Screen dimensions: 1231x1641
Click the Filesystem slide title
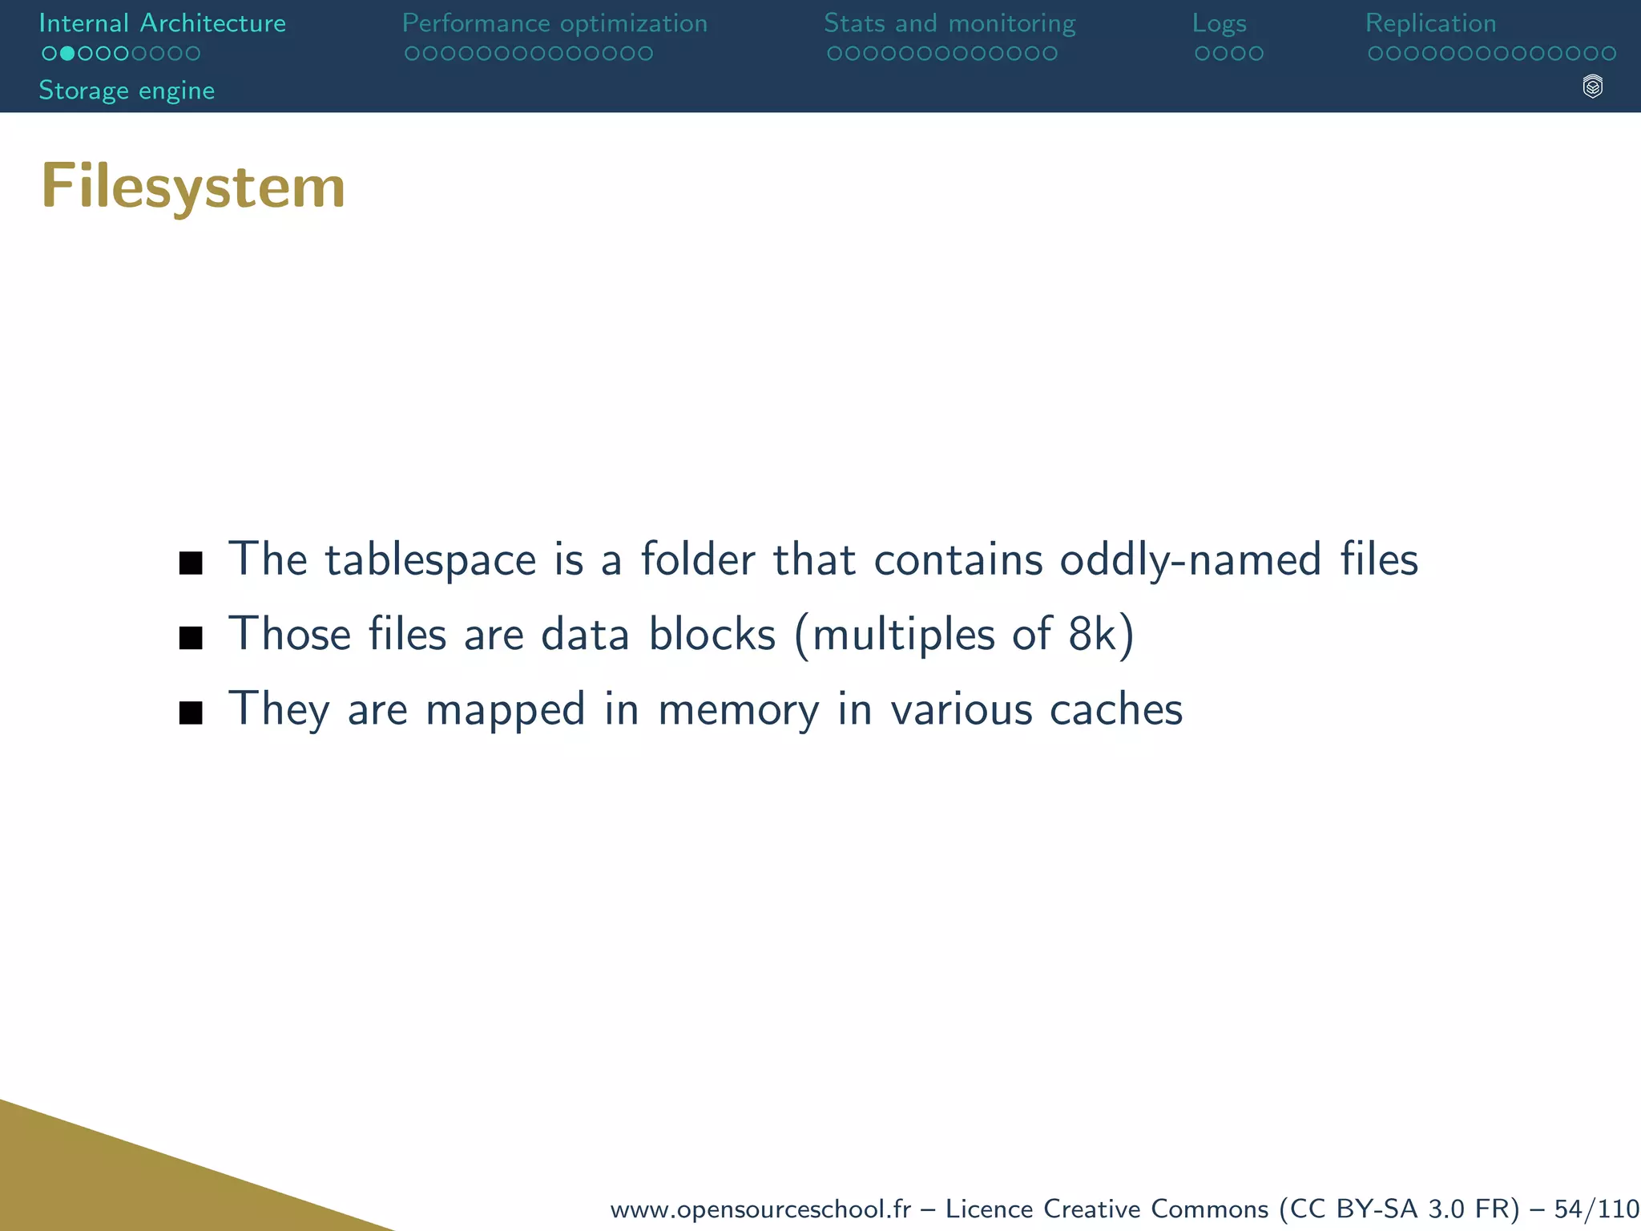pyautogui.click(x=193, y=187)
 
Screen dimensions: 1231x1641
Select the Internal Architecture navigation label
pyautogui.click(x=162, y=23)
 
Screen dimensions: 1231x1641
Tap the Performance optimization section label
pyautogui.click(x=554, y=23)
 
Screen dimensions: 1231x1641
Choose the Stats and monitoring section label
pyautogui.click(x=950, y=23)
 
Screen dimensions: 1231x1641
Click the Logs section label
pyautogui.click(x=1219, y=23)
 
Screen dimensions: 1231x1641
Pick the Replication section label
pyautogui.click(x=1430, y=23)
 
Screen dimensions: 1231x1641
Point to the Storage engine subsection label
pyautogui.click(x=127, y=91)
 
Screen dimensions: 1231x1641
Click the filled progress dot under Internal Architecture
pyautogui.click(x=67, y=54)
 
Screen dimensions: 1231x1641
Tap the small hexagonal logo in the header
pyautogui.click(x=1592, y=87)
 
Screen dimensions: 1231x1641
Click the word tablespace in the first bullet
pyautogui.click(x=430, y=559)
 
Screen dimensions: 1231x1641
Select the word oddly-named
pyautogui.click(x=1190, y=559)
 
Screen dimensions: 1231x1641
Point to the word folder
pyautogui.click(x=697, y=559)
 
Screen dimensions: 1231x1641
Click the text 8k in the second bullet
pyautogui.click(x=1091, y=635)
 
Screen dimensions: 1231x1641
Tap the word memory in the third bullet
pyautogui.click(x=738, y=710)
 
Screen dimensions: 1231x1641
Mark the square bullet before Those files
pyautogui.click(x=191, y=638)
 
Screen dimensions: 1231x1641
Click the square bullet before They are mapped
pyautogui.click(x=191, y=712)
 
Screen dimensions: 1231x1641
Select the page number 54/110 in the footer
pyautogui.click(x=1596, y=1209)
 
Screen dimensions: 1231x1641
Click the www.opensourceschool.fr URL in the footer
pyautogui.click(x=760, y=1209)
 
